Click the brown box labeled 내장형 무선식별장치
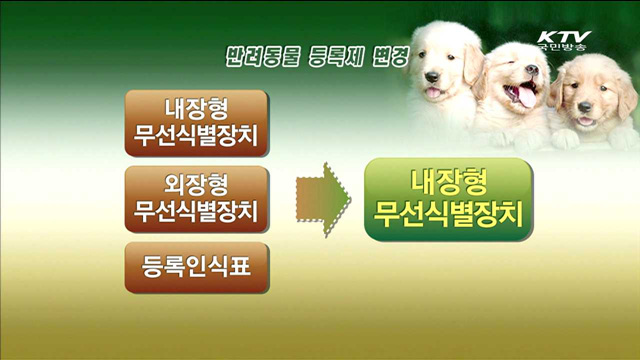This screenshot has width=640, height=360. (x=196, y=123)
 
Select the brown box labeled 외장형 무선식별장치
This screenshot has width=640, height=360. (x=196, y=198)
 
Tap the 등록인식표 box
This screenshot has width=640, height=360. (x=196, y=264)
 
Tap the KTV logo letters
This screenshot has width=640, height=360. (x=563, y=35)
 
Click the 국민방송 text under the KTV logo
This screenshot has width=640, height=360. (x=563, y=46)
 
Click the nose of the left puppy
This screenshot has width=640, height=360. (x=432, y=77)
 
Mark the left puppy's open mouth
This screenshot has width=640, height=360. (x=433, y=92)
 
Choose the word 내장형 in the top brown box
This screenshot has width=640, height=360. (x=196, y=109)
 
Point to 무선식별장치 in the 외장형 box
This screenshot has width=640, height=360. (x=196, y=212)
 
